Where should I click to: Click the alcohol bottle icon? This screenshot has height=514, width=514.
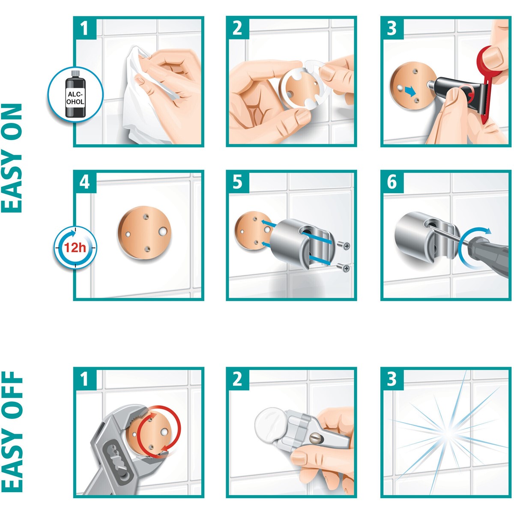75,94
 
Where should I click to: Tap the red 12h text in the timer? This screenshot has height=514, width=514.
75,248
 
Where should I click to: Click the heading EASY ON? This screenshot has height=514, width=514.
12,158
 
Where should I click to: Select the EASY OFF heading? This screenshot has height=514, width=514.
12,432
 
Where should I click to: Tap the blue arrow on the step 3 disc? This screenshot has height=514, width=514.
410,91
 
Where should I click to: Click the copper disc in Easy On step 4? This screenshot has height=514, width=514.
144,233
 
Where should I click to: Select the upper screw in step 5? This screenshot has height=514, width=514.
343,246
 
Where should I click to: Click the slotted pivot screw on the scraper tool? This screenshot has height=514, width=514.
314,437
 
